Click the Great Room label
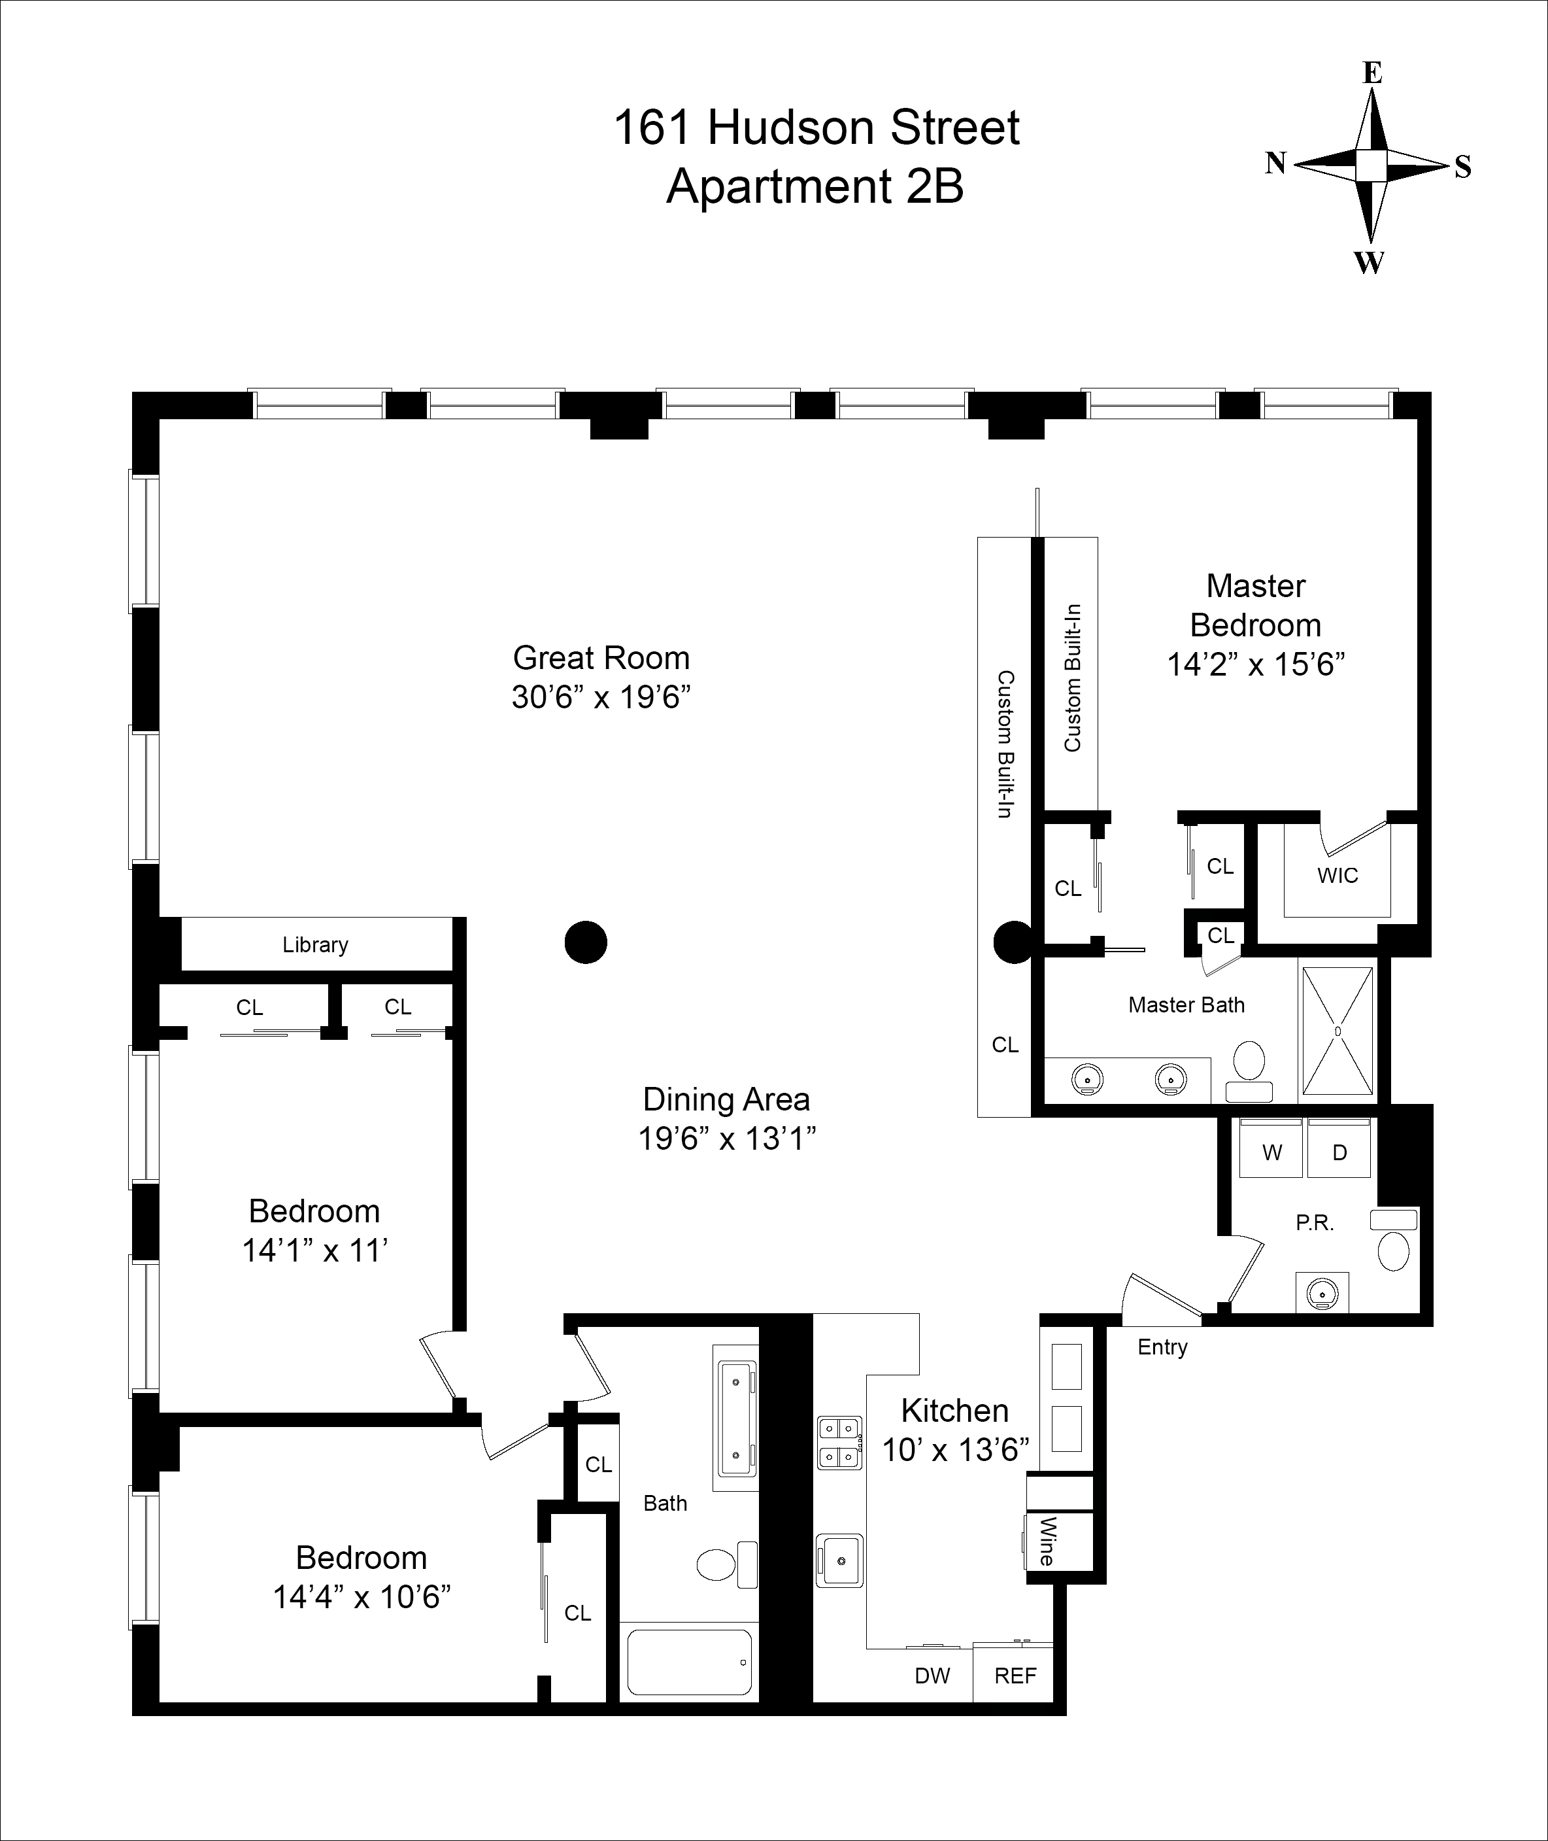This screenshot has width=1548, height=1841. (x=601, y=657)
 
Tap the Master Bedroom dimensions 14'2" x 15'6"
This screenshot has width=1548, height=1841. (x=1256, y=664)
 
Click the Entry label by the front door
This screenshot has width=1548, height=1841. (x=1162, y=1347)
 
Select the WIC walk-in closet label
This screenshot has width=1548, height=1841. (x=1338, y=875)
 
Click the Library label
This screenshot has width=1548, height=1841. (x=315, y=944)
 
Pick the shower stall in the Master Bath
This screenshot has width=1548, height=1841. (x=1338, y=1031)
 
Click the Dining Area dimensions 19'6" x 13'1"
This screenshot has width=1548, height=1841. (x=727, y=1139)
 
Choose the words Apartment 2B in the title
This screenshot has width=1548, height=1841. (x=815, y=186)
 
